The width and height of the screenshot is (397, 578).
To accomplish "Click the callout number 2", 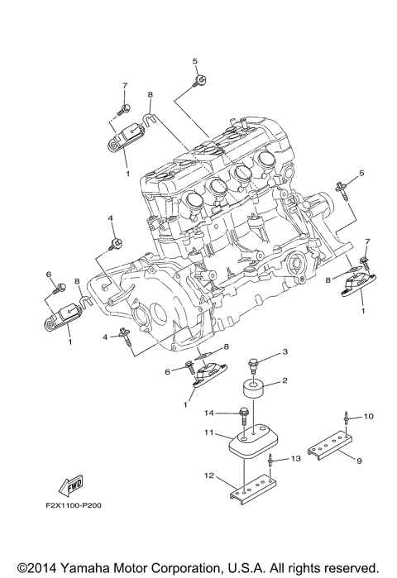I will [x=285, y=381].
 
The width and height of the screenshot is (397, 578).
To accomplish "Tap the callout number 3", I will [x=285, y=352].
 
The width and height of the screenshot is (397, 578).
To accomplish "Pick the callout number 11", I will [x=210, y=432].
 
